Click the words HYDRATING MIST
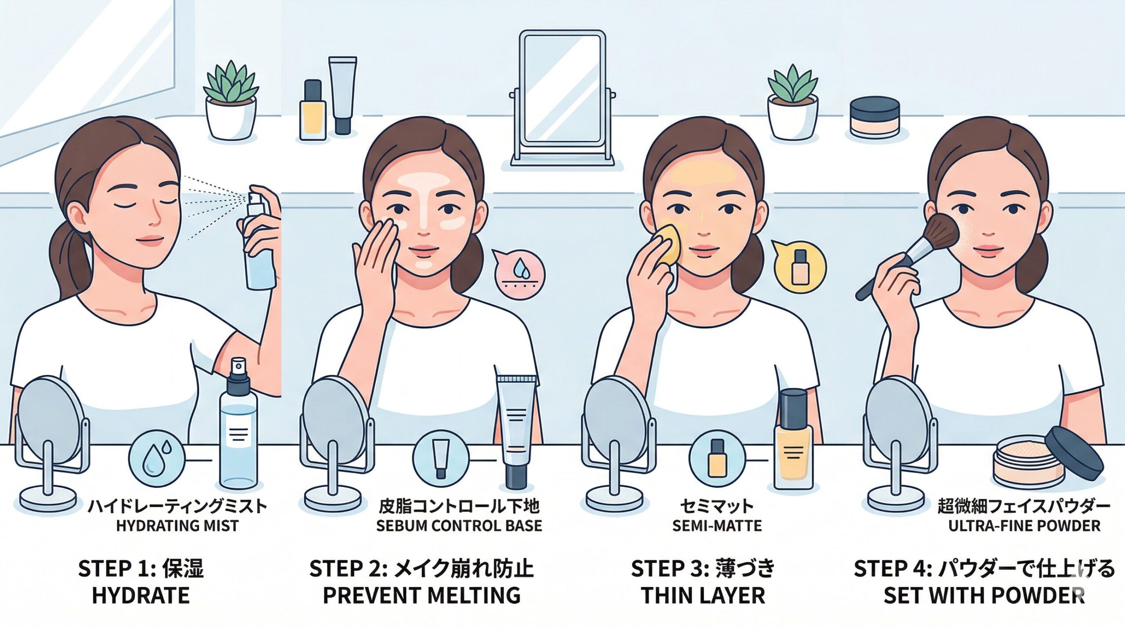coord(177,526)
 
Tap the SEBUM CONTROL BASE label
coord(459,526)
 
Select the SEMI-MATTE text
coord(717,526)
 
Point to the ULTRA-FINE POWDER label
coord(1024,526)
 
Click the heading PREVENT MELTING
coord(422,595)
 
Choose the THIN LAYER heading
coord(703,595)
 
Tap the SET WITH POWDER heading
coord(984,595)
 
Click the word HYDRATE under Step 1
coord(141,595)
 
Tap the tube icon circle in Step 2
coord(441,460)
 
